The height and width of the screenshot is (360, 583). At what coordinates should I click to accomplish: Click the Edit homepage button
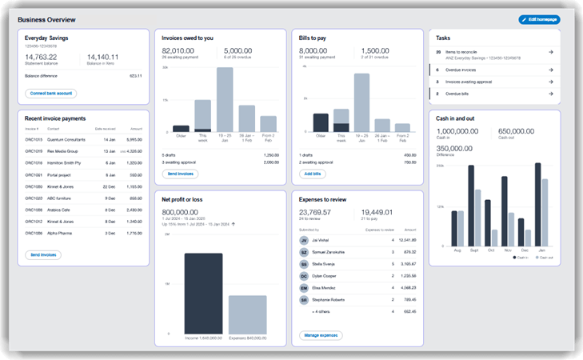click(539, 19)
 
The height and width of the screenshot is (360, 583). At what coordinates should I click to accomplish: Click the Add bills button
click(313, 174)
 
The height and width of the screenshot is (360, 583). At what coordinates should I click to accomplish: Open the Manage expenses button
click(321, 335)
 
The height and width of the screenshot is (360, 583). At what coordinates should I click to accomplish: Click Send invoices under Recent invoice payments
click(43, 255)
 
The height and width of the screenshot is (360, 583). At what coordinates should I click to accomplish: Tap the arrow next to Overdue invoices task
click(550, 70)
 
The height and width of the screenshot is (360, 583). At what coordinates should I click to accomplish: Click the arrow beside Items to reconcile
click(550, 52)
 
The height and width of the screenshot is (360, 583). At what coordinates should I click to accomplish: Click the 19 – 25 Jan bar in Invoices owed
click(225, 98)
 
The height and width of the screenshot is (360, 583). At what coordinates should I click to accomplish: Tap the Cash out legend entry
click(543, 258)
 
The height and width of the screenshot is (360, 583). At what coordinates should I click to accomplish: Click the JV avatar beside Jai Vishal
click(304, 240)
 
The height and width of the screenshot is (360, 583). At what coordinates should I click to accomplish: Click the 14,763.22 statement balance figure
click(40, 57)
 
